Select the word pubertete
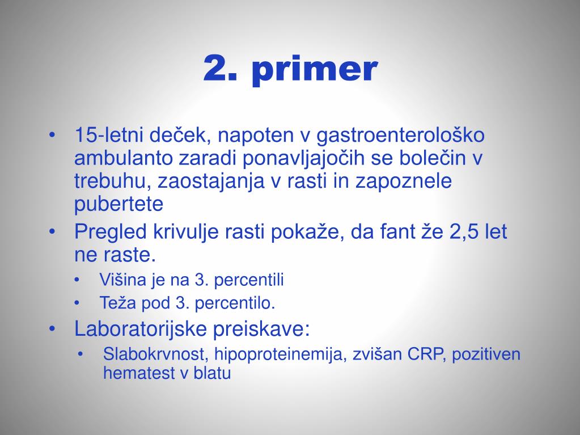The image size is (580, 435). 118,204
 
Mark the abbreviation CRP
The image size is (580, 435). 419,355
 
